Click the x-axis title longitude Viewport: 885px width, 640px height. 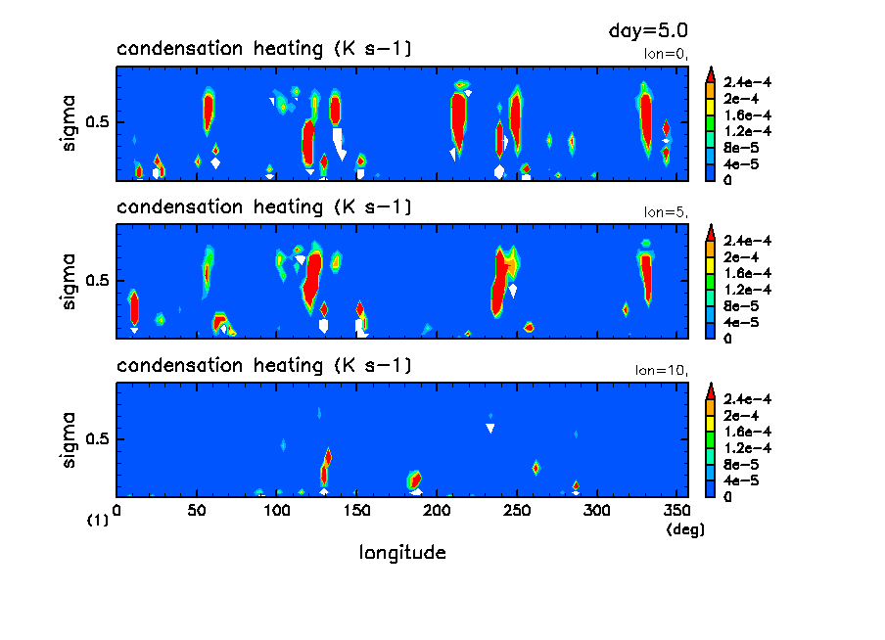coord(402,553)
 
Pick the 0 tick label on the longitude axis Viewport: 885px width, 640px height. coord(116,510)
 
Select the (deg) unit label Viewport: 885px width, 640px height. coord(685,528)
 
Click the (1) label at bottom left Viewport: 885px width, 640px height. coord(98,522)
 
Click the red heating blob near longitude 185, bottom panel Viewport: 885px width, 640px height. coord(415,480)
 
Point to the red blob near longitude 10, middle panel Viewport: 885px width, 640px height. coord(134,307)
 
